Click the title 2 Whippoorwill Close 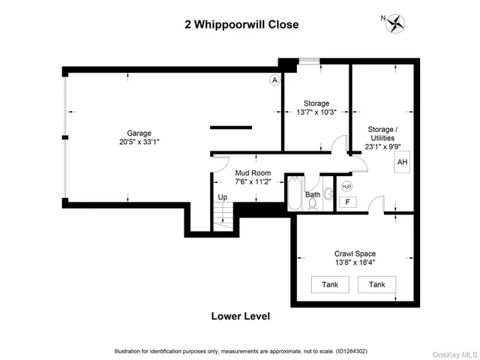click(x=241, y=25)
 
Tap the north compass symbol click(x=394, y=24)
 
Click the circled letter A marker click(x=274, y=79)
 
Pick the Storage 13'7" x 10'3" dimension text click(x=316, y=112)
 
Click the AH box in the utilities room click(x=403, y=163)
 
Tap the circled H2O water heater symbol click(x=346, y=186)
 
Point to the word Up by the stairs click(x=222, y=197)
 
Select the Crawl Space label click(x=355, y=253)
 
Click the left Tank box click(x=330, y=284)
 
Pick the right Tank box click(x=376, y=284)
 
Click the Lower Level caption click(x=241, y=316)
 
